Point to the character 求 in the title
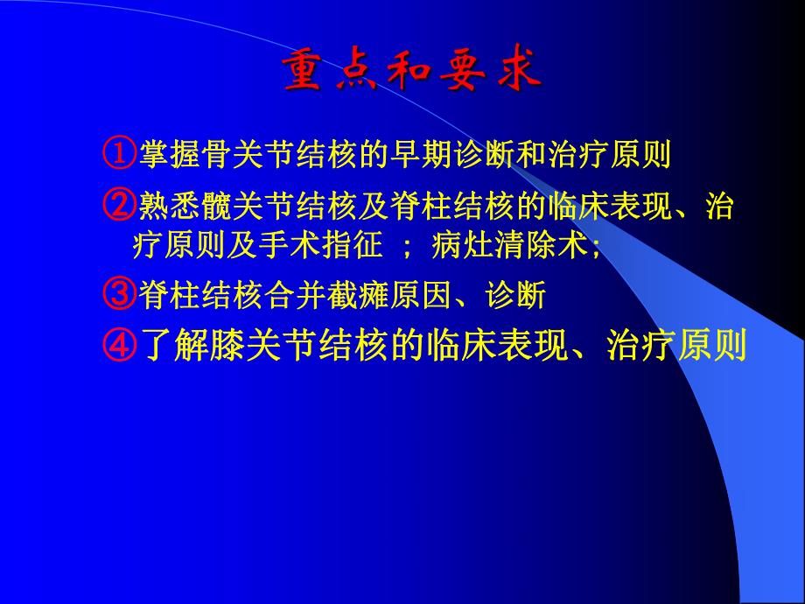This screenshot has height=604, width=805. tap(515, 73)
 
